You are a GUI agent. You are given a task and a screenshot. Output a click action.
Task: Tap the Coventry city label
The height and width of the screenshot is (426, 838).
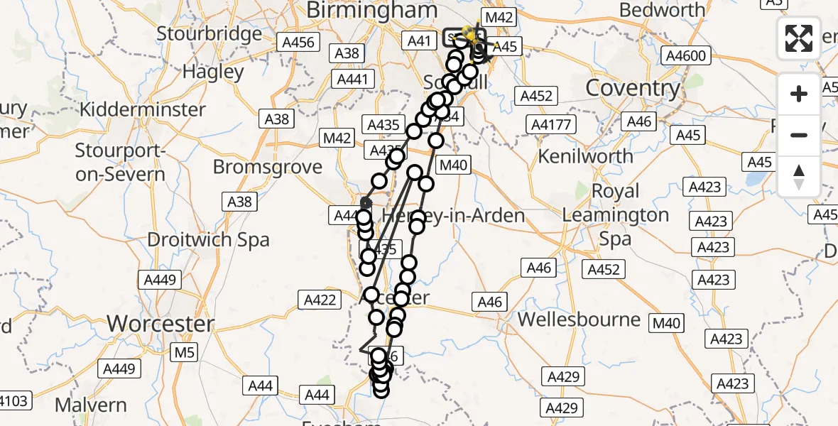(x=633, y=88)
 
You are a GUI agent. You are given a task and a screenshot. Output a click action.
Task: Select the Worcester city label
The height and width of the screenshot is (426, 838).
(x=160, y=324)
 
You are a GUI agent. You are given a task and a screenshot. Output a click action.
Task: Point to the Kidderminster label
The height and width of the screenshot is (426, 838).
(x=143, y=110)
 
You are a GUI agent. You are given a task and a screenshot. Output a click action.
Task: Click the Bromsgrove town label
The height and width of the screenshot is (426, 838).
(x=268, y=168)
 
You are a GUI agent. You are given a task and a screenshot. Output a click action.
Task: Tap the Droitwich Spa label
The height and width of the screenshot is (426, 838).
(x=208, y=239)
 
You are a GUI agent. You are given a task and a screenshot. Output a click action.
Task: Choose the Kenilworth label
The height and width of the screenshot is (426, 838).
(x=586, y=155)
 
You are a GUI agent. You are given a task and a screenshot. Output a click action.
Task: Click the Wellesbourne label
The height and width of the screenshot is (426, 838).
(x=579, y=319)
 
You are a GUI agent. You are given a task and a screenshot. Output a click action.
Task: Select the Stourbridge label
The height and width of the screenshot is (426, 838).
(x=209, y=33)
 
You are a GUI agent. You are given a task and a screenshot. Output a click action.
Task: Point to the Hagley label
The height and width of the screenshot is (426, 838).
(x=213, y=71)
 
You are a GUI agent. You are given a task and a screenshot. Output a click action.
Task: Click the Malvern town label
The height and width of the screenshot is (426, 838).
(x=90, y=405)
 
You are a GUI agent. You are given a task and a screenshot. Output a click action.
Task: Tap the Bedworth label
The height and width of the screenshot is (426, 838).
(x=663, y=10)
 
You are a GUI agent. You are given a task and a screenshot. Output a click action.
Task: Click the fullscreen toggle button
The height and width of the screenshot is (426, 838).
(x=799, y=38)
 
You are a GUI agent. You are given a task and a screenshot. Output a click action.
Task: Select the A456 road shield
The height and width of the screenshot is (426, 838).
(x=298, y=43)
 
